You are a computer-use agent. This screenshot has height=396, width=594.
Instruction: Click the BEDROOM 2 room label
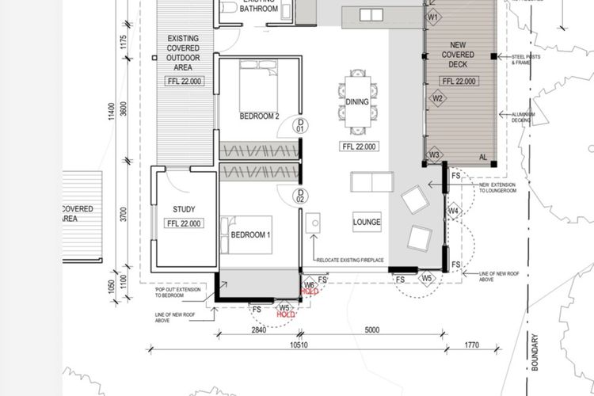coord(260,116)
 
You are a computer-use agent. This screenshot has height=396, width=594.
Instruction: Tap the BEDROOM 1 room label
coord(251,235)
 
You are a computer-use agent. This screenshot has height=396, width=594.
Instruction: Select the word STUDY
coord(184,210)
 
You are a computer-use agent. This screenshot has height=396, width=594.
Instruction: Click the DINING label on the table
coord(358,102)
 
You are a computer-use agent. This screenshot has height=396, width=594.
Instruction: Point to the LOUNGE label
coord(367,223)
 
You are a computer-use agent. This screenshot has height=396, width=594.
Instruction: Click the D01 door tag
coord(300,124)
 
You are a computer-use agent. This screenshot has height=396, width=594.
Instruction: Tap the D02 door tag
coord(300,196)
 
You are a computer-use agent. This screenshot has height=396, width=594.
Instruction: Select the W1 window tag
coord(433,16)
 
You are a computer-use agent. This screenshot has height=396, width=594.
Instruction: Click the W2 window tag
coord(436,98)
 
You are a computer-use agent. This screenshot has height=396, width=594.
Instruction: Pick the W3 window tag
coord(434,154)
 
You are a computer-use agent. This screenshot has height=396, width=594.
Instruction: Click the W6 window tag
coord(310,284)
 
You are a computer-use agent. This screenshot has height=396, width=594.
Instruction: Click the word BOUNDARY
coord(535,349)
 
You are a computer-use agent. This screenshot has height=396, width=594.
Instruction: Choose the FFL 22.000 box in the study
coord(184,224)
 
